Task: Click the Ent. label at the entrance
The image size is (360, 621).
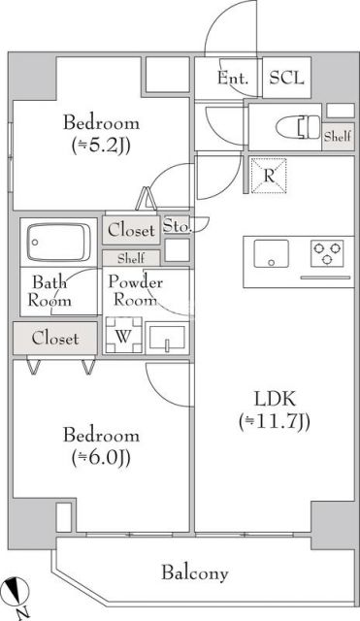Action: tap(234, 79)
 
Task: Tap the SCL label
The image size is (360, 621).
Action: tap(285, 79)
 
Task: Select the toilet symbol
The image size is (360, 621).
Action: tap(308, 128)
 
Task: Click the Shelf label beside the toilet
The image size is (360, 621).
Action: tap(338, 137)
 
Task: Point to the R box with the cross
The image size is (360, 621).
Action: tap(268, 175)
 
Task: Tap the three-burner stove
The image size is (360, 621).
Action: tap(326, 254)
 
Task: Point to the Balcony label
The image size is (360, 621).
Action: tap(195, 572)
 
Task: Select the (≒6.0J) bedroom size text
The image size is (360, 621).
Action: tap(102, 458)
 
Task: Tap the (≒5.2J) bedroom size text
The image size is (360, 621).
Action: tap(102, 147)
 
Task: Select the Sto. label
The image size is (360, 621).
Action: tap(177, 226)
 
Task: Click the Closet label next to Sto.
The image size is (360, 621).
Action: tap(131, 231)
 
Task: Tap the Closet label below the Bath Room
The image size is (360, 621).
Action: tap(55, 339)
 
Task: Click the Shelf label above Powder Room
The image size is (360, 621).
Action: tap(131, 258)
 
